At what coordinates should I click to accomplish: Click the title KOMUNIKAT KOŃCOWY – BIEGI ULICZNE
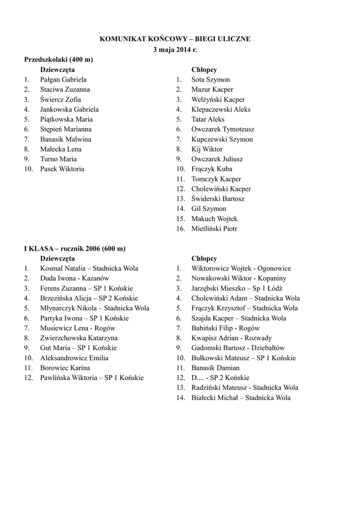[176, 38]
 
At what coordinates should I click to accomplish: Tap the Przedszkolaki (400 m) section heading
[59, 60]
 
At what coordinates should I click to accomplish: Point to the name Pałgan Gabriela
[64, 80]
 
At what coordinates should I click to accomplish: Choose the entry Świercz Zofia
[61, 99]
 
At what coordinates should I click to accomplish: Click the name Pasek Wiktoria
[62, 169]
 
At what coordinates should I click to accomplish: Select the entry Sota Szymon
[210, 80]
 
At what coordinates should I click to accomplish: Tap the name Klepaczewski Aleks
[221, 109]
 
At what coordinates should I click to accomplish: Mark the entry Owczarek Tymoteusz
[223, 129]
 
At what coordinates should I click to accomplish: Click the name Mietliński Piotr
[214, 229]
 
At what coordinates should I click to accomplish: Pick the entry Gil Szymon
[209, 209]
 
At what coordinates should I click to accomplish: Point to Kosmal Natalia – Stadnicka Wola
[90, 268]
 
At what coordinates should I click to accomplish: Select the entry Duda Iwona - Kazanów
[75, 278]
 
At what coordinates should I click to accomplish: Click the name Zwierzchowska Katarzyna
[79, 338]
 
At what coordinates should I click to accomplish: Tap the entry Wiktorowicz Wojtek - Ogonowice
[241, 268]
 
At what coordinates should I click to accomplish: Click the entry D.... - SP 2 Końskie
[220, 378]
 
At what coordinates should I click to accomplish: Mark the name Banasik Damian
[215, 368]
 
